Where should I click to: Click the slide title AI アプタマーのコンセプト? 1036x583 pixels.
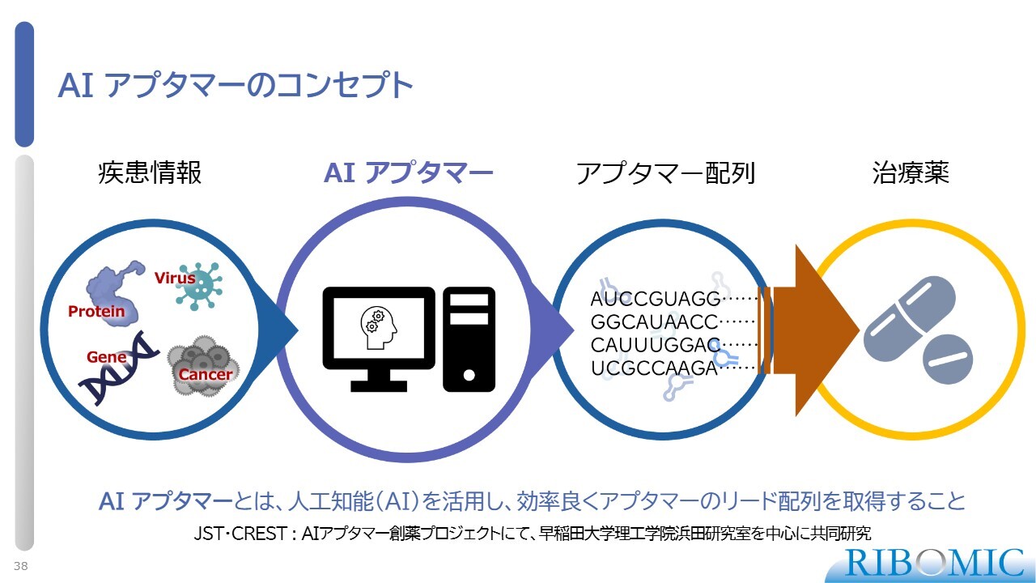pyautogui.click(x=236, y=85)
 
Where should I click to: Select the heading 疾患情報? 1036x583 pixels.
pyautogui.click(x=150, y=172)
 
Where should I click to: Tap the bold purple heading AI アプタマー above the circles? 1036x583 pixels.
pyautogui.click(x=409, y=172)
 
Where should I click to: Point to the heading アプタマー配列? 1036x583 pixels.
pyautogui.click(x=665, y=173)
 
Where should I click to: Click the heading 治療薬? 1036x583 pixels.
pyautogui.click(x=911, y=172)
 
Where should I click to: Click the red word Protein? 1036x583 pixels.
pyautogui.click(x=96, y=312)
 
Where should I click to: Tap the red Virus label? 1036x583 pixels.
pyautogui.click(x=175, y=278)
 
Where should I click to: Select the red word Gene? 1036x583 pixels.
pyautogui.click(x=106, y=357)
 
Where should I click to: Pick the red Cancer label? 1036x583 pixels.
pyautogui.click(x=206, y=374)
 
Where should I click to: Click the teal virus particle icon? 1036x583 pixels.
pyautogui.click(x=200, y=286)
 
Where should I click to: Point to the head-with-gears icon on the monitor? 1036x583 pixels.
pyautogui.click(x=379, y=328)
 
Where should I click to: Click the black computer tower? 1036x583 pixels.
pyautogui.click(x=469, y=339)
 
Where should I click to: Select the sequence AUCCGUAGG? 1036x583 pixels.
pyautogui.click(x=656, y=299)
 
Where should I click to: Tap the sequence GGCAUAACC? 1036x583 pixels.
pyautogui.click(x=654, y=322)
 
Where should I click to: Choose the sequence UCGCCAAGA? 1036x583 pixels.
pyautogui.click(x=654, y=368)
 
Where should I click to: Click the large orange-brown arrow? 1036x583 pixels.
pyautogui.click(x=809, y=330)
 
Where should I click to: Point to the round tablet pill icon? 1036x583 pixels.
pyautogui.click(x=948, y=359)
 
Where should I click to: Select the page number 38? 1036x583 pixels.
pyautogui.click(x=21, y=566)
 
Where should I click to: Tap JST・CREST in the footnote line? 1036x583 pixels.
pyautogui.click(x=240, y=534)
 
